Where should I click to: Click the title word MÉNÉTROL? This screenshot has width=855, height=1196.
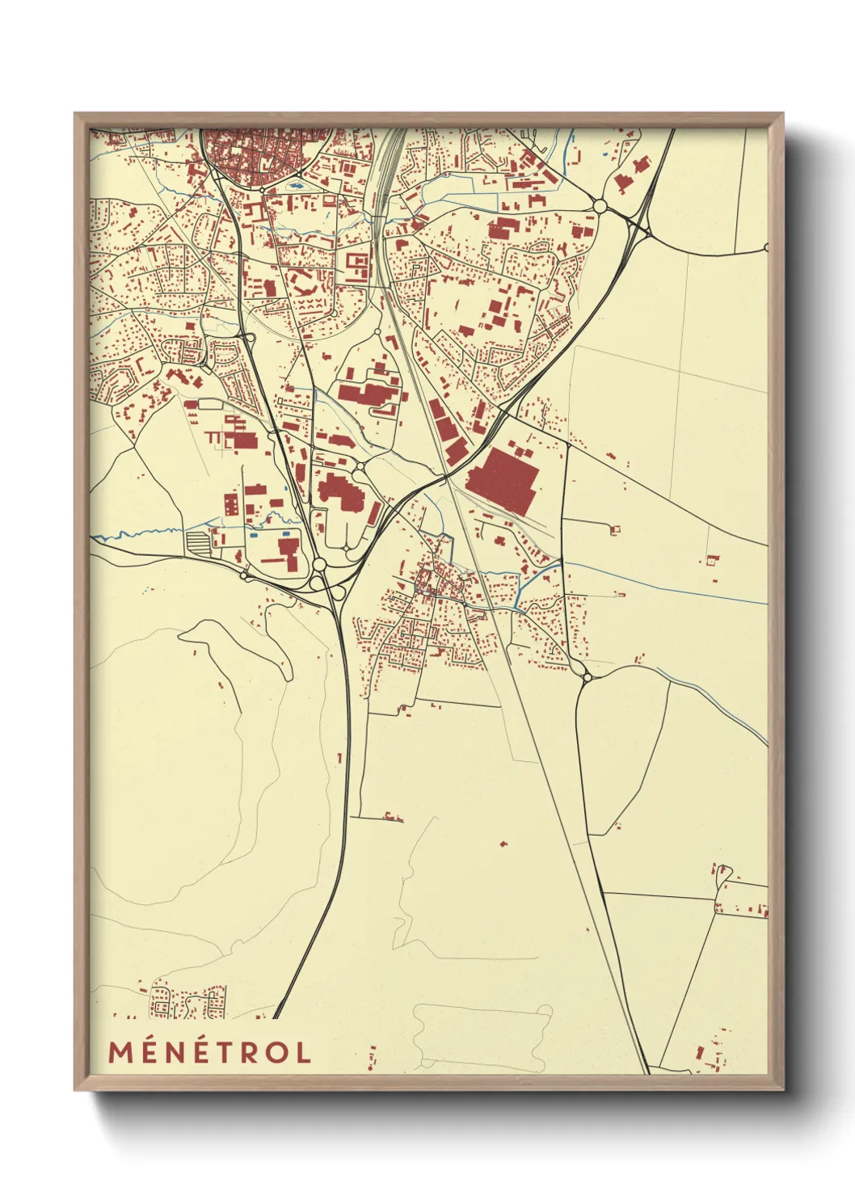[210, 1052]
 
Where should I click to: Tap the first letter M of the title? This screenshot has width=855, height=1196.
[120, 1052]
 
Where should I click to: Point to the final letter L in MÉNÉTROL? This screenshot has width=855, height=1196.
[303, 1052]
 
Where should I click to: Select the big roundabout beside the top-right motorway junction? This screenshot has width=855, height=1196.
[600, 207]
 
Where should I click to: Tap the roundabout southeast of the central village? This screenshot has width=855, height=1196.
[587, 676]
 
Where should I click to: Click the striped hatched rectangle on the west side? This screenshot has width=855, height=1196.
[197, 541]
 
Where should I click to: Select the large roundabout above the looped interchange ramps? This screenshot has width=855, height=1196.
[319, 564]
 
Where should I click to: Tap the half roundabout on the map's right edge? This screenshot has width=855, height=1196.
[764, 248]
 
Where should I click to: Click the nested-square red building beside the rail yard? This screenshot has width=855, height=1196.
[357, 263]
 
